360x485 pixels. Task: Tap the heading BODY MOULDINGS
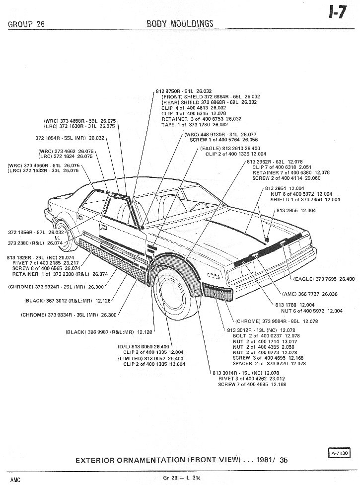point(180,23)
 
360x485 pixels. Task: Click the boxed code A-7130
point(339,453)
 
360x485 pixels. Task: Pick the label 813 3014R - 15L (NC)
point(246,373)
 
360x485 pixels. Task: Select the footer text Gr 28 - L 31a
point(180,478)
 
